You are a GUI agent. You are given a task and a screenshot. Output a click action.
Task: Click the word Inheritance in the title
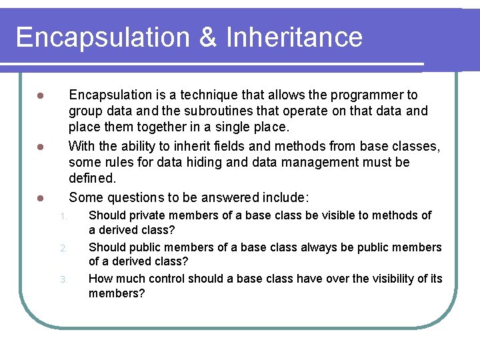point(294,37)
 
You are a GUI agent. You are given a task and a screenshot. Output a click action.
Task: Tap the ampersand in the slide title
point(208,37)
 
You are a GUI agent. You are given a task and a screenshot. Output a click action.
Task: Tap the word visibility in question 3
point(390,279)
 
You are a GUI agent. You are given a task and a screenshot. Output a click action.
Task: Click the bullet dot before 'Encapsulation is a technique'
point(40,96)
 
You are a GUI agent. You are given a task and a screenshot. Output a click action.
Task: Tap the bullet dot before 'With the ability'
point(40,147)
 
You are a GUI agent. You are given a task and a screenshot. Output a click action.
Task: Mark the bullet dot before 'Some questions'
point(40,198)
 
